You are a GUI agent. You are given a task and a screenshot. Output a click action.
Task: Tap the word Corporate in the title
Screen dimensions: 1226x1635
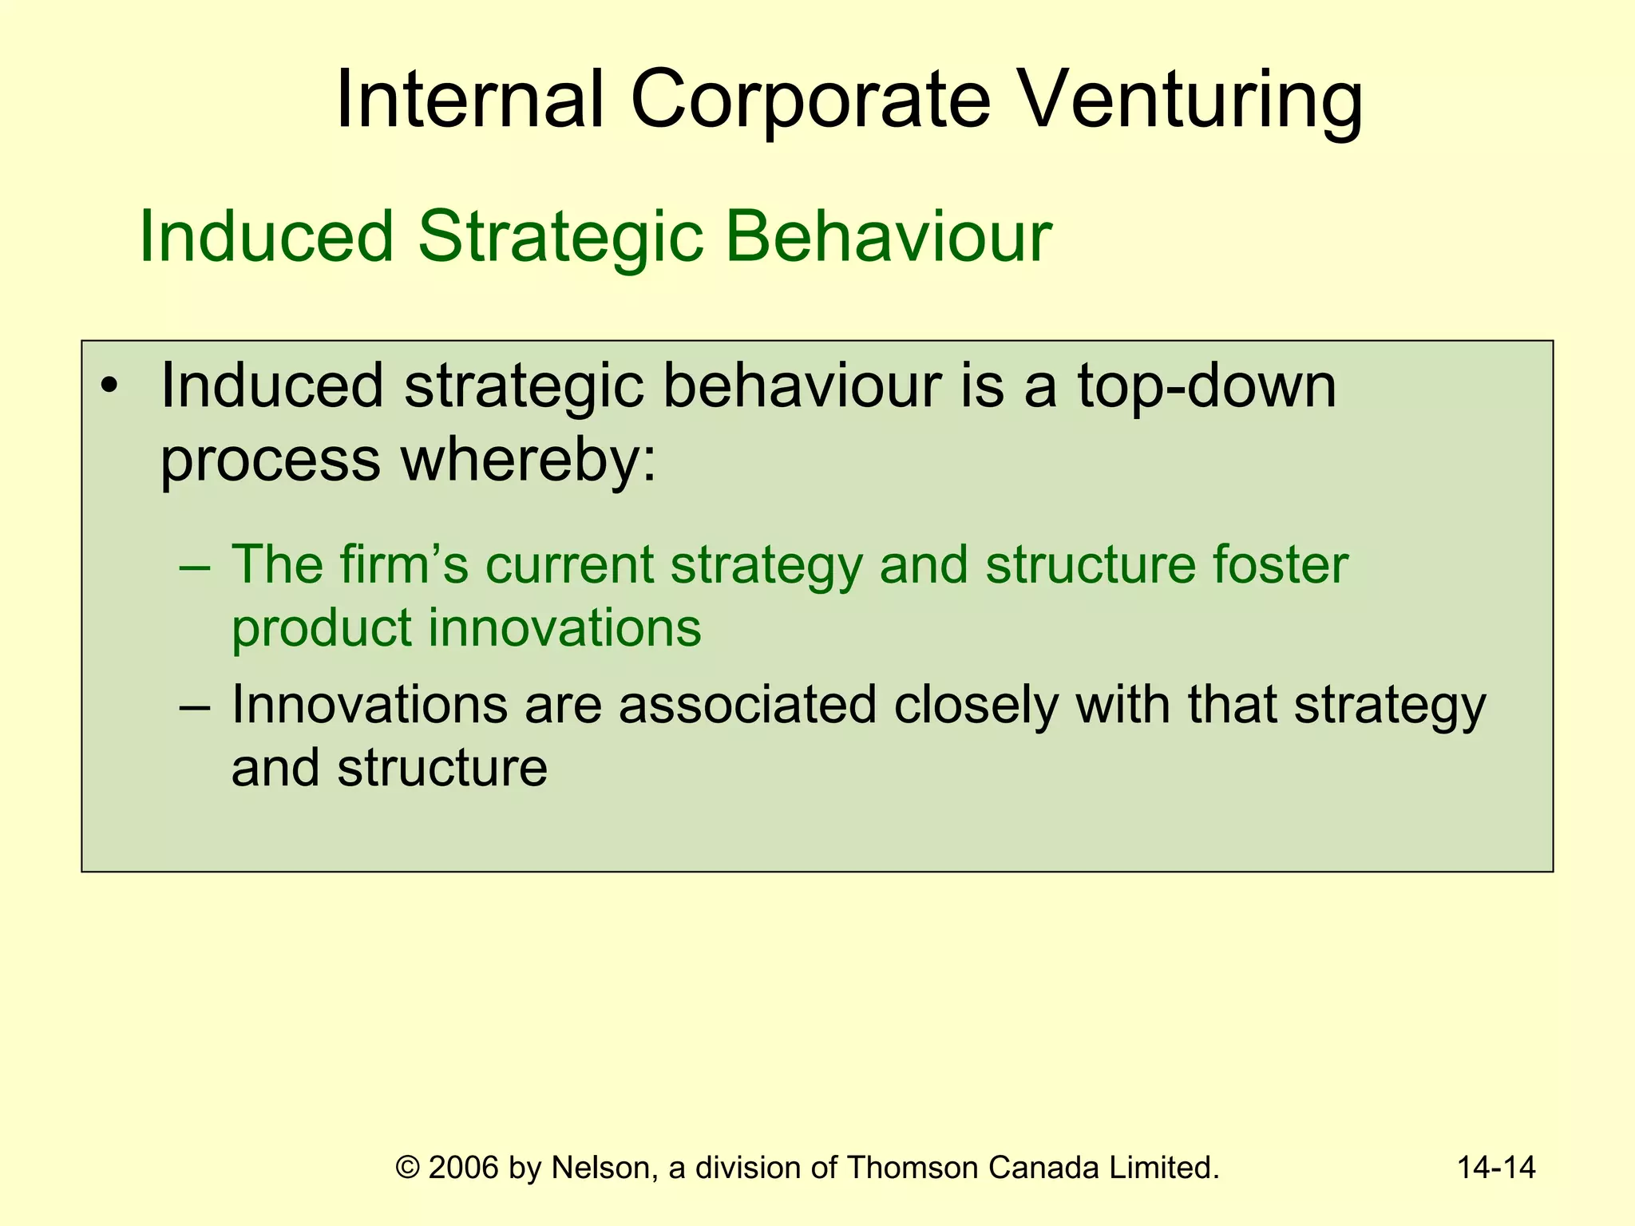(x=810, y=100)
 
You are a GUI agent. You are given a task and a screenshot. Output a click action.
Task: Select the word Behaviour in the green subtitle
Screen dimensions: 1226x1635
(x=888, y=236)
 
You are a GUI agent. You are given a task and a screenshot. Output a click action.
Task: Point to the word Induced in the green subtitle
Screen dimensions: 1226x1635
(x=267, y=236)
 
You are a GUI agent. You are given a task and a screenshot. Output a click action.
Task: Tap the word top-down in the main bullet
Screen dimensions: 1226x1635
(x=1206, y=387)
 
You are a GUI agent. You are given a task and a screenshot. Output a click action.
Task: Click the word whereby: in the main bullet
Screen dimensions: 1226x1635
(x=528, y=461)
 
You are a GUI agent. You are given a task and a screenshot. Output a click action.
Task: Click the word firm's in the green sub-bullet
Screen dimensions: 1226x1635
(x=404, y=565)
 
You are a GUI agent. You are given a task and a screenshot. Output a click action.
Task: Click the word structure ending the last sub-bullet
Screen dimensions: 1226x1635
(x=441, y=768)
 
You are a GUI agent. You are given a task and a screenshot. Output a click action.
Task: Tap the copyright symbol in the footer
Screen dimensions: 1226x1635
(x=408, y=1168)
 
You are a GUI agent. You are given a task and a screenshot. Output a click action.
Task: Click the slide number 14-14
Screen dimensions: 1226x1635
(x=1495, y=1168)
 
